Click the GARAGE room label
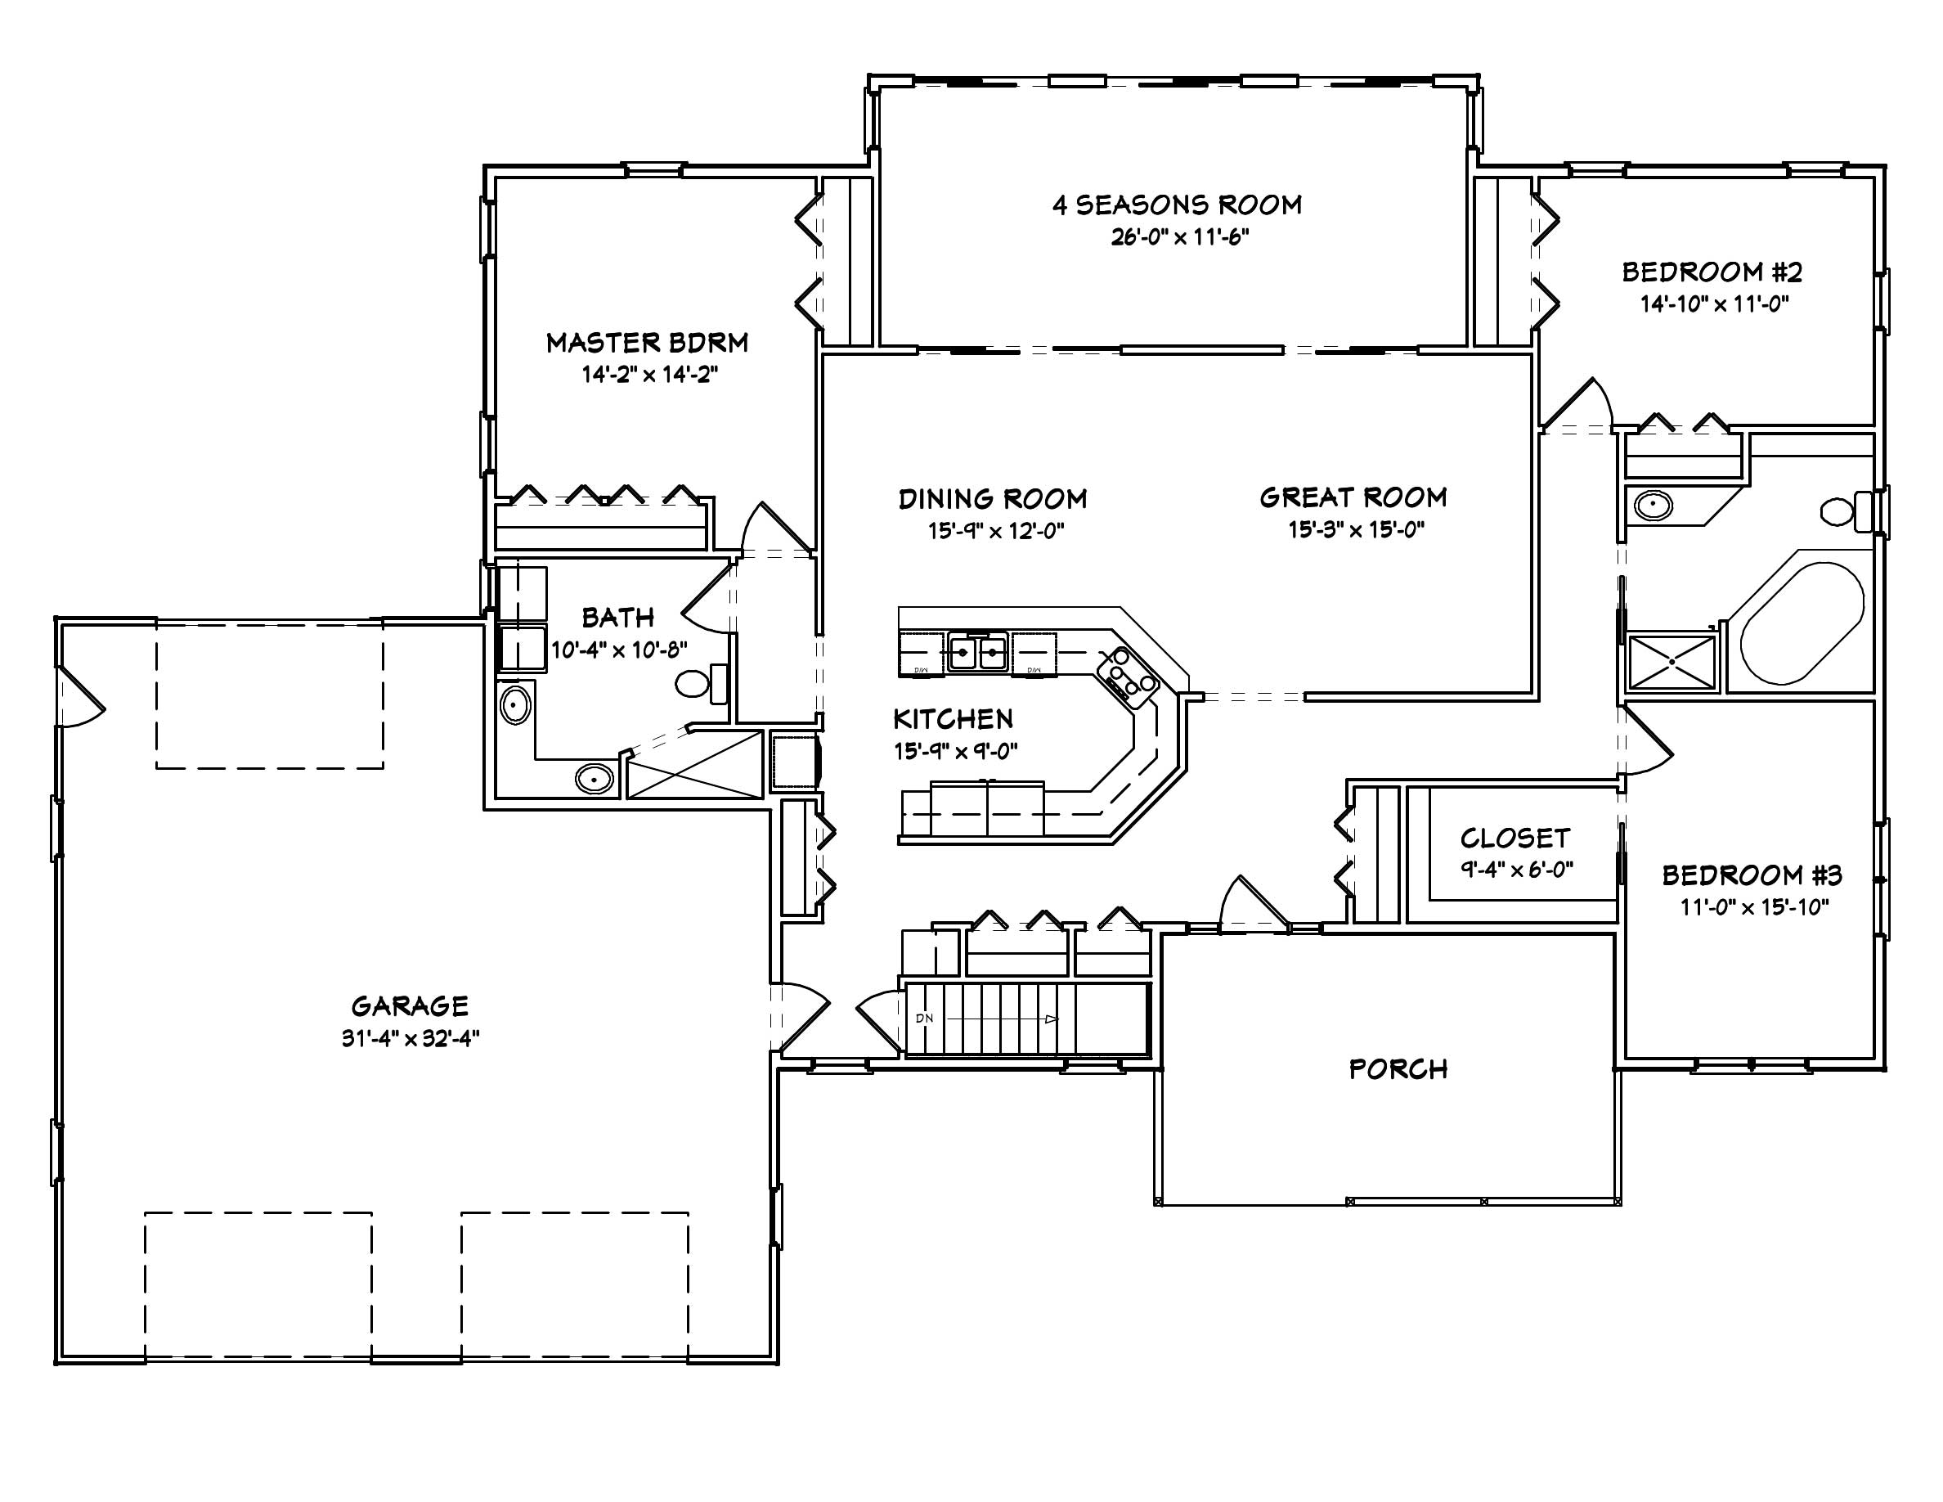[409, 1006]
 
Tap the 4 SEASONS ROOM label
[1177, 205]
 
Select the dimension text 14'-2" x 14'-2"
[649, 375]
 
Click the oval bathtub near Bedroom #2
[1802, 623]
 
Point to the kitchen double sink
[977, 653]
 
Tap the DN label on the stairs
[923, 1018]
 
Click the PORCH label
[1398, 1068]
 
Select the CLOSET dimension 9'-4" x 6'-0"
[1516, 870]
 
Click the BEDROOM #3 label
[1752, 875]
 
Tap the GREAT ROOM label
[1353, 497]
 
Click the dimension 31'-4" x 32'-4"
[411, 1038]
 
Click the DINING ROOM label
[992, 499]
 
